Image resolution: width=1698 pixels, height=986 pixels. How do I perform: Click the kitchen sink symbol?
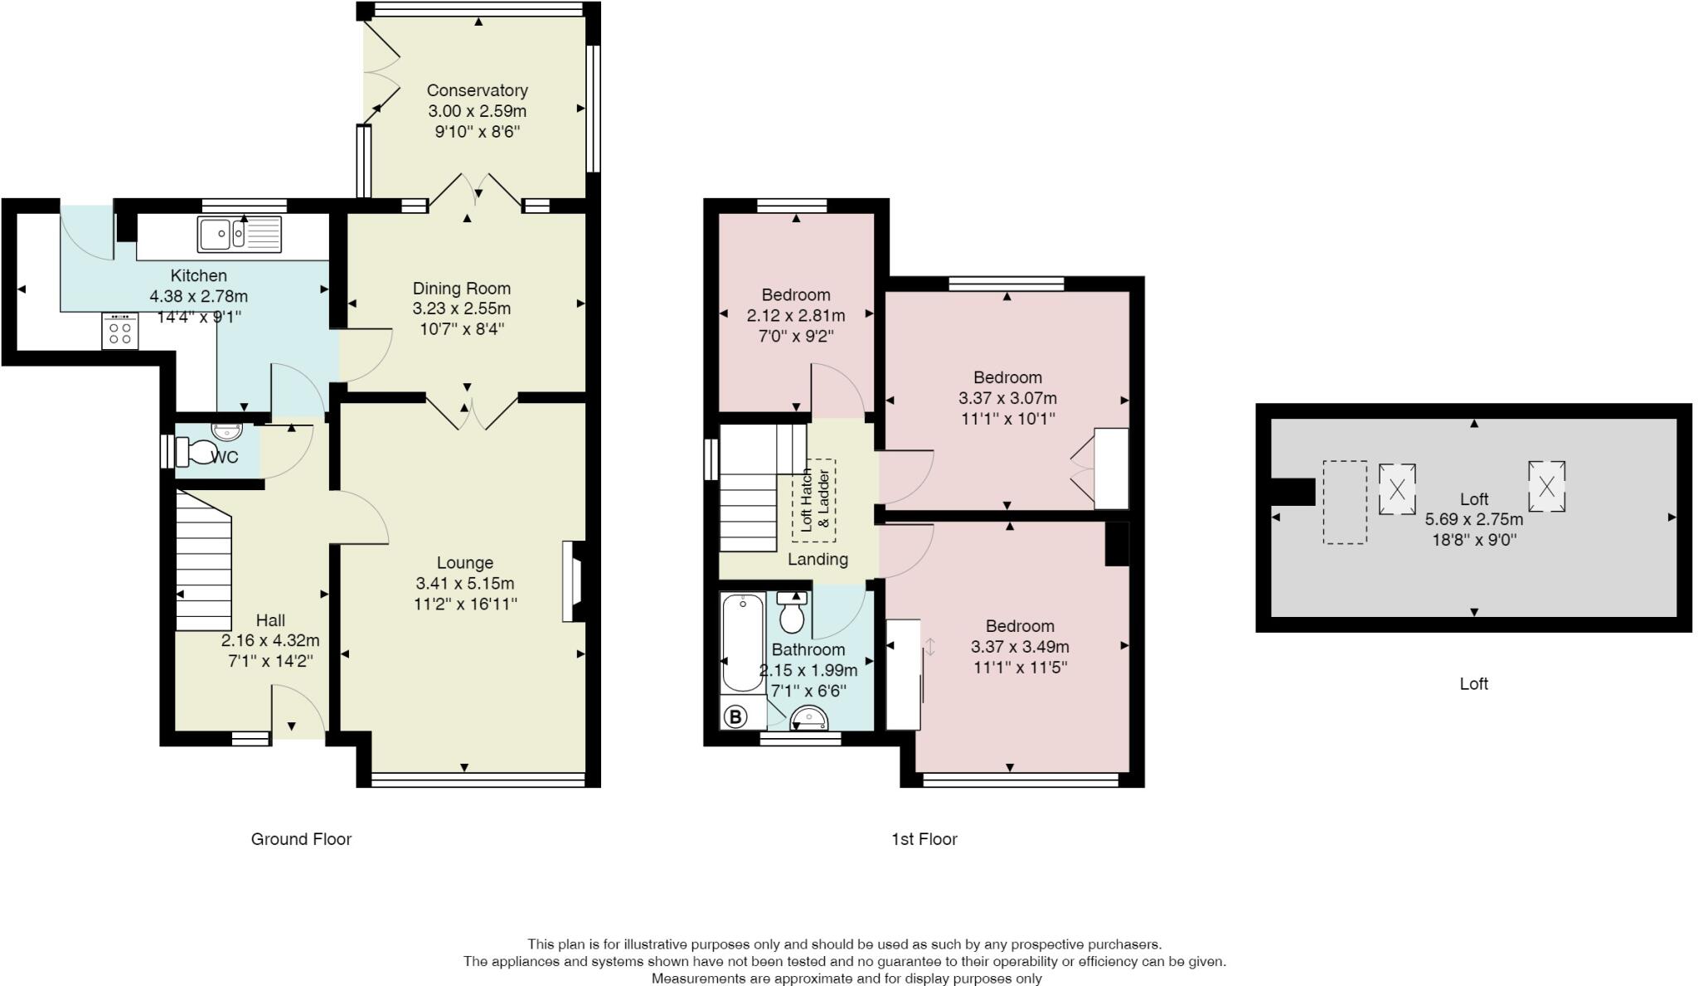point(240,234)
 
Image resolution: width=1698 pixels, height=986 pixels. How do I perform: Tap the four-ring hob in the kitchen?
point(120,331)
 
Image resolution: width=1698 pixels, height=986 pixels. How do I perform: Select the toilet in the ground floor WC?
point(196,452)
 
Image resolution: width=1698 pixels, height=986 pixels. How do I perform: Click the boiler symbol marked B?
point(735,716)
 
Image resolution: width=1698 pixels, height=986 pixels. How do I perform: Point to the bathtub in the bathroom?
point(743,643)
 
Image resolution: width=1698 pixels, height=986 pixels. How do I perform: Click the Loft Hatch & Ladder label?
point(813,500)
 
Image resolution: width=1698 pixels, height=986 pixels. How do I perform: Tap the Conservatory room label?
point(477,90)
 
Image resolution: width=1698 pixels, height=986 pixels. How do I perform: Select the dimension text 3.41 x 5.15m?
point(464,583)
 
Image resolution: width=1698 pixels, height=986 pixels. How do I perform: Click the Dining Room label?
point(462,289)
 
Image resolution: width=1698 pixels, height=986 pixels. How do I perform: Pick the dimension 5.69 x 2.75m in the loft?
point(1473,519)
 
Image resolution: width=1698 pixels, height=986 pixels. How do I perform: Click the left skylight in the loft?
point(1397,489)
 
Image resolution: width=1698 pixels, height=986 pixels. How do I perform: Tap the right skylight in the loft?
point(1546,486)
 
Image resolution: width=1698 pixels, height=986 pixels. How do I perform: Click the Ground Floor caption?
point(301,839)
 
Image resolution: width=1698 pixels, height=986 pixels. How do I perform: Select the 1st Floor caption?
point(924,839)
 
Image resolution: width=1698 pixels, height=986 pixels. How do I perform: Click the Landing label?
point(817,560)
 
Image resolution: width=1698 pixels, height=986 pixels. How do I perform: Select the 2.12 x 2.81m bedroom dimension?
point(795,315)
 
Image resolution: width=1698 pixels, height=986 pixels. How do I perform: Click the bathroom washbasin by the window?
point(808,717)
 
